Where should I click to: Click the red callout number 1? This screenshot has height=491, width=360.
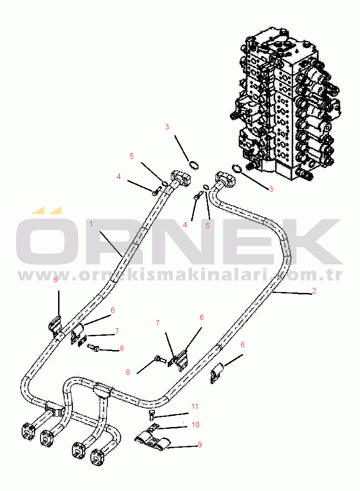point(91,224)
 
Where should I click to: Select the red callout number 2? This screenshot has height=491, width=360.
point(314,291)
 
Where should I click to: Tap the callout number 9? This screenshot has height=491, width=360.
point(200,444)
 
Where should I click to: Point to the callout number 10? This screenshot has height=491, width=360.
point(195,425)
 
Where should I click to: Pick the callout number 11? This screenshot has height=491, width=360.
point(195,406)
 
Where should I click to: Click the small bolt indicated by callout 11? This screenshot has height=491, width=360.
point(152,415)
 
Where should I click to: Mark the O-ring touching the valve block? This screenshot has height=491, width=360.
point(237,169)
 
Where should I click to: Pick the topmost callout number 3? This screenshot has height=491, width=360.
point(167,127)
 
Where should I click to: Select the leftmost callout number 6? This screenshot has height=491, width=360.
point(55,280)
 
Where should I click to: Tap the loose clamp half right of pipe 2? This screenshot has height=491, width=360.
point(216,373)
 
